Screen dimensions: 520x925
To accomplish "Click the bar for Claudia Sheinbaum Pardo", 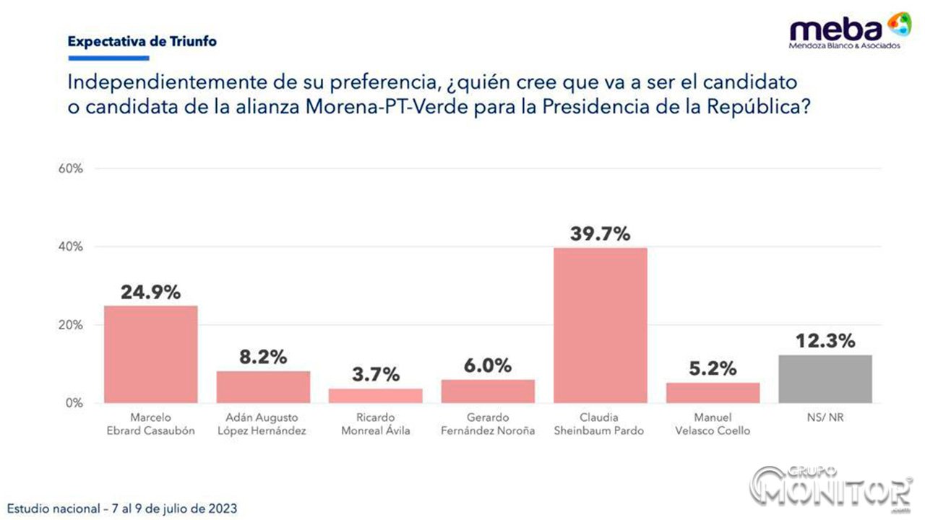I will coord(600,325).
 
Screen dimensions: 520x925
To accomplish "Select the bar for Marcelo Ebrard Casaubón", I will coord(150,354).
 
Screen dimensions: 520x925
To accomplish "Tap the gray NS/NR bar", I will coord(825,379).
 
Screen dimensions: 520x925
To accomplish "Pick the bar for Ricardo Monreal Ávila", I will coord(375,396).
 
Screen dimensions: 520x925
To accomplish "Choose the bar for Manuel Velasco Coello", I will coord(713,393).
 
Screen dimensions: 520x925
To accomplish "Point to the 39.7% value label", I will coord(600,234).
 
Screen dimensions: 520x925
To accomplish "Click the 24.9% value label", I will coord(150,292).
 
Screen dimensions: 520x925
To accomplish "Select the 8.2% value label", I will coord(263,357).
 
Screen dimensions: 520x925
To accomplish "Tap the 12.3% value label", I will coord(825,341).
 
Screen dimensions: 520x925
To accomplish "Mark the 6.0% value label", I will coord(488,365).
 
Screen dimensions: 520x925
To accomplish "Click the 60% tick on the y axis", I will coord(71,169).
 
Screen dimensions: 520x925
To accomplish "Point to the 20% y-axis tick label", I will coord(71,325).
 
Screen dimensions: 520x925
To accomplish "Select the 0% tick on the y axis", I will coord(74,403).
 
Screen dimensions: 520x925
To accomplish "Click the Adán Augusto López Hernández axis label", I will coord(263,425).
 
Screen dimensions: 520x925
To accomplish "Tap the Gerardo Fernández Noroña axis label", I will coord(488,425).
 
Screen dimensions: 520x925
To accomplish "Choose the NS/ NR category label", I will coord(825,418).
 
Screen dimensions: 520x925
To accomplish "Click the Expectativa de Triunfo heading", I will coord(142,41).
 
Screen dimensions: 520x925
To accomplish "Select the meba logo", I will coord(849,31).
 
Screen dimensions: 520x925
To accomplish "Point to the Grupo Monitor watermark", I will coord(831,486).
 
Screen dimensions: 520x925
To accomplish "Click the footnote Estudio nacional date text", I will coord(121,508).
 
